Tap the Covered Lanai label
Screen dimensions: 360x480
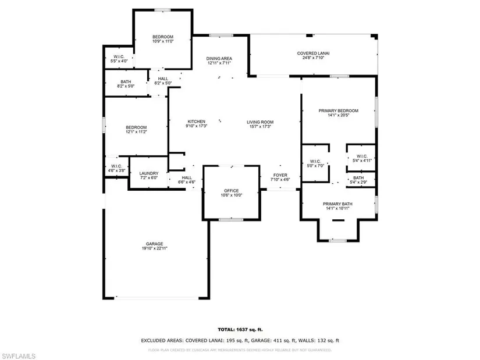tap(314, 53)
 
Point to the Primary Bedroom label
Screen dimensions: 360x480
tap(338, 111)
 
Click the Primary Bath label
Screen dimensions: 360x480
tap(338, 204)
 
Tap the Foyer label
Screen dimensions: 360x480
tap(280, 174)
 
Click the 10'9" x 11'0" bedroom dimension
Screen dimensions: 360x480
tap(163, 41)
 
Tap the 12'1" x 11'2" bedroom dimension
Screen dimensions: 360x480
tap(137, 132)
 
